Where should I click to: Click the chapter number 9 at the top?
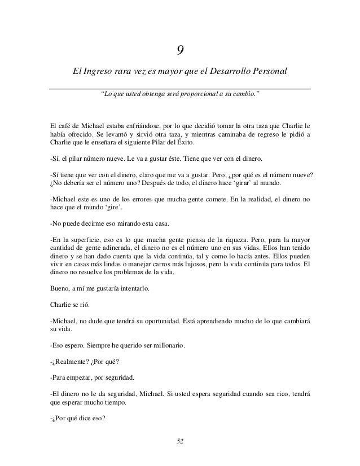[x=179, y=51]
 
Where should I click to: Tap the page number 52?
[x=179, y=440]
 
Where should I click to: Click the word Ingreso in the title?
[x=96, y=72]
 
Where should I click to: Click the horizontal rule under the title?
[x=179, y=88]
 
